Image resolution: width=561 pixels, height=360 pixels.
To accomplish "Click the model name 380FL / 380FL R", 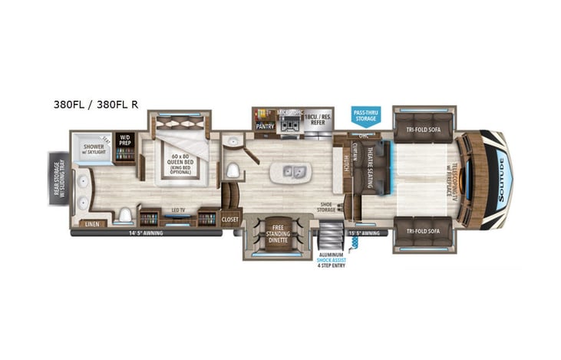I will pyautogui.click(x=96, y=104).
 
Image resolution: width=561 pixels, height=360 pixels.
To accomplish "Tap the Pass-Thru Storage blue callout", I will pyautogui.click(x=365, y=116).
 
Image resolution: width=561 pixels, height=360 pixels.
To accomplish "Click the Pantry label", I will pyautogui.click(x=265, y=125).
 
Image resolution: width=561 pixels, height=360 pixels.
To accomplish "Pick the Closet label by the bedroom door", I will pyautogui.click(x=231, y=220).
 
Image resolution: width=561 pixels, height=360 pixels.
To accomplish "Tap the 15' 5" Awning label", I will pyautogui.click(x=364, y=232).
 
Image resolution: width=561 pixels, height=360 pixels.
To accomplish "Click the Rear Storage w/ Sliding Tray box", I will pyautogui.click(x=58, y=180).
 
